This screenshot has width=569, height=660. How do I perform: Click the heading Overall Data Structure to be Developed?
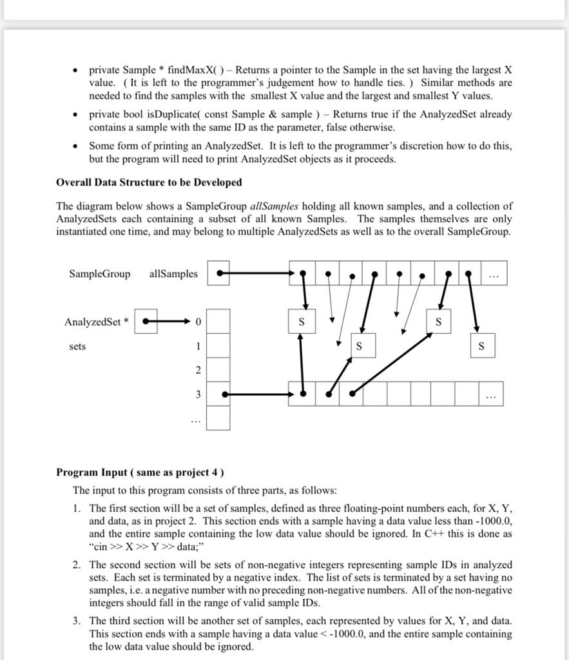pyautogui.click(x=149, y=182)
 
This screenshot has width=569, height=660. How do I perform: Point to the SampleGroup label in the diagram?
pyautogui.click(x=99, y=274)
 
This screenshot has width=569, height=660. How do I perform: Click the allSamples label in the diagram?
pyautogui.click(x=173, y=274)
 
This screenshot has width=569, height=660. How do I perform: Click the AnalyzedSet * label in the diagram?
pyautogui.click(x=96, y=322)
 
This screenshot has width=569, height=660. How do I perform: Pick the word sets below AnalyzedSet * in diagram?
pyautogui.click(x=77, y=347)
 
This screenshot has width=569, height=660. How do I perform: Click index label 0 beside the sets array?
pyautogui.click(x=198, y=322)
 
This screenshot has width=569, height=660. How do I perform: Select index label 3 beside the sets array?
pyautogui.click(x=198, y=394)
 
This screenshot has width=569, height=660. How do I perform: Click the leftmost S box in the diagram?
pyautogui.click(x=302, y=321)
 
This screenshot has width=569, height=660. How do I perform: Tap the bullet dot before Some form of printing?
pyautogui.click(x=75, y=146)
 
